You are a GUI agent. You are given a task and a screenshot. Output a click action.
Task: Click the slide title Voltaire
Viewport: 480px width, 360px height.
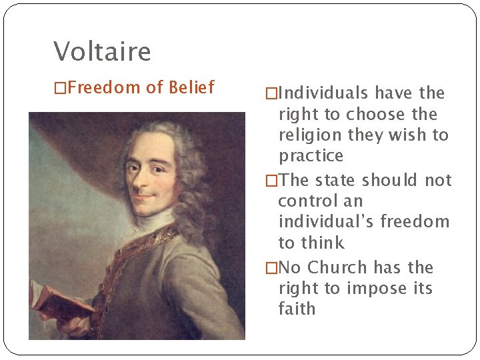point(102,51)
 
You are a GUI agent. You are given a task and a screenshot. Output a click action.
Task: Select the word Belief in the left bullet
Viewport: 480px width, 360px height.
point(191,87)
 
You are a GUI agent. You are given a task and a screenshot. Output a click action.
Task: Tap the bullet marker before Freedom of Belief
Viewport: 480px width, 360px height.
point(60,87)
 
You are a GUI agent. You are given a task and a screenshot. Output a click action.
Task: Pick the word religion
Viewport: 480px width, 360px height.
point(309,135)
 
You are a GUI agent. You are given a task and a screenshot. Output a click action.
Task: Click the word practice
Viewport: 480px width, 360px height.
point(311,157)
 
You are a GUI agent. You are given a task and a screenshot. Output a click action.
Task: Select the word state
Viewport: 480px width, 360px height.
point(336,180)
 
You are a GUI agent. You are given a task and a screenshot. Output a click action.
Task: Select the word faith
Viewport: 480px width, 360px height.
point(297,309)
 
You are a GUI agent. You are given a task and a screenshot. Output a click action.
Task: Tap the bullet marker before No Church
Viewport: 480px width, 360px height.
point(270,268)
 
